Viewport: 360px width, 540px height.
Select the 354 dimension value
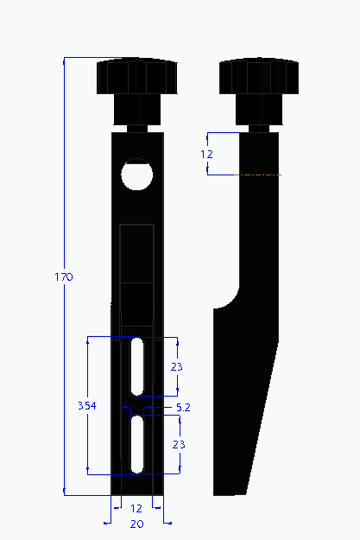click(87, 405)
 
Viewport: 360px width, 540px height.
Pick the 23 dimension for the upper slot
click(176, 366)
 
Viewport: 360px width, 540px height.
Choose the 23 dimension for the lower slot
click(179, 444)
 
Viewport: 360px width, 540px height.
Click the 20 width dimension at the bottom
click(136, 524)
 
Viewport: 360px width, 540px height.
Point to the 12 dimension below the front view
click(136, 508)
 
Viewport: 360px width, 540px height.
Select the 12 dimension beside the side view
click(206, 154)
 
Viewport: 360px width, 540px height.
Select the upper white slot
click(137, 366)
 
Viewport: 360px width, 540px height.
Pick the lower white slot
click(137, 443)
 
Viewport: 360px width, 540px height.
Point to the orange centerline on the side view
click(260, 175)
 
